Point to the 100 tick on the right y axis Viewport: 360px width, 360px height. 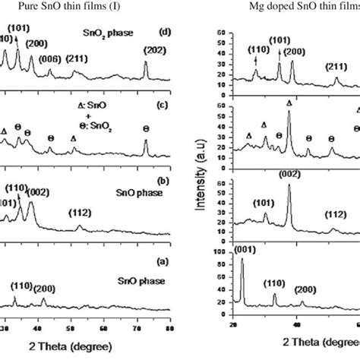pyautogui.click(x=220, y=251)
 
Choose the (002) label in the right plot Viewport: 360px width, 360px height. pyautogui.click(x=289, y=174)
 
